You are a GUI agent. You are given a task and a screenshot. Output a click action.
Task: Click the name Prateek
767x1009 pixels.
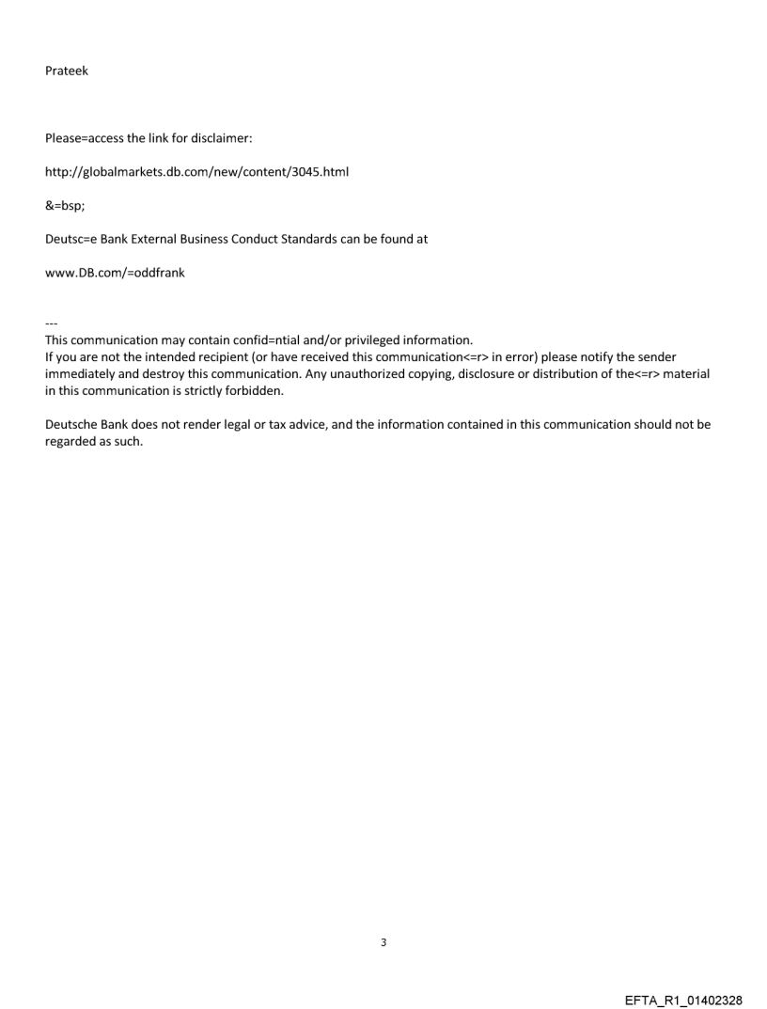67,71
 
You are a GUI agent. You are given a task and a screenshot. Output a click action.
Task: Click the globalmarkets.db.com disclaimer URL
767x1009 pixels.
197,172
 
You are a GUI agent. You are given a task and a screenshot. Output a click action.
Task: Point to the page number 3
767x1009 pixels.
383,942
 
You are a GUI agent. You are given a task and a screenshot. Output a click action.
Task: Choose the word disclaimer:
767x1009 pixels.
221,138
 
